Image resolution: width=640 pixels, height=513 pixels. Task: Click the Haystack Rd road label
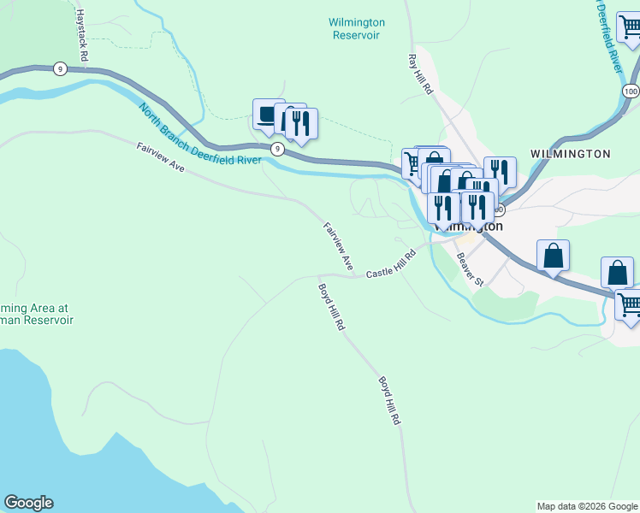pos(82,34)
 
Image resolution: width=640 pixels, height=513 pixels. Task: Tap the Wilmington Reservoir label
pos(357,29)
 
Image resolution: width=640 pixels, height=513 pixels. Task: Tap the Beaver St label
pos(470,269)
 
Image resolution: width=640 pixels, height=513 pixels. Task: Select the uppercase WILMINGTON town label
pos(570,154)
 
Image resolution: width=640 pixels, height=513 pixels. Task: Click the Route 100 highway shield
pos(631,91)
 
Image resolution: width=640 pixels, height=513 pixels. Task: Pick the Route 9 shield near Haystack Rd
pos(59,68)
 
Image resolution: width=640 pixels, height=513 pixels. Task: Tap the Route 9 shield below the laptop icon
pos(277,149)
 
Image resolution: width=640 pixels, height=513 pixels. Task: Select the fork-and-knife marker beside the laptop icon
pos(301,123)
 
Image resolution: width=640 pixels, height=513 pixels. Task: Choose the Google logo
pos(28,503)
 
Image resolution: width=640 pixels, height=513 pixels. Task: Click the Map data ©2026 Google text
pos(586,506)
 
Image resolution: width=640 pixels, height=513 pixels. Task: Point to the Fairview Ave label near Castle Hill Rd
pos(338,246)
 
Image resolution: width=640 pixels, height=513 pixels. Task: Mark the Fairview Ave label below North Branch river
pos(160,159)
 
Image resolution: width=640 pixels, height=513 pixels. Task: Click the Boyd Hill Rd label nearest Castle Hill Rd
pos(330,307)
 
